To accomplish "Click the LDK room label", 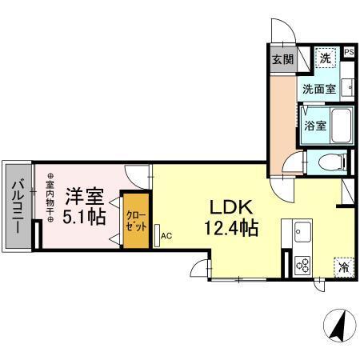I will coord(228,204).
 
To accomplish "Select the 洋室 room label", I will coord(83,194).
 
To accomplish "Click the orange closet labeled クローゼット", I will coord(134,219).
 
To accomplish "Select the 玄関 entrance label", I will coord(282,60).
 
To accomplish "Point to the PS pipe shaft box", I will coord(348,53).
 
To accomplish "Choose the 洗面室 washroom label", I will coord(318,90).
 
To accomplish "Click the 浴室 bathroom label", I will coord(314,126).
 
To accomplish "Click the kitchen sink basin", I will coord(303,234).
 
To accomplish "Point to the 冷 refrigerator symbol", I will coord(342,266).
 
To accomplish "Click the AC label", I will coord(166,236).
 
